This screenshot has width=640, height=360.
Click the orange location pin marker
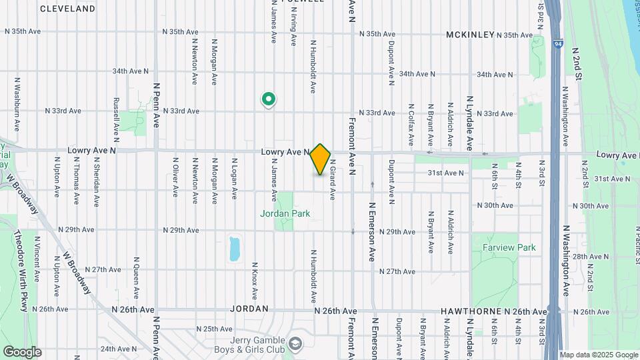(321, 159)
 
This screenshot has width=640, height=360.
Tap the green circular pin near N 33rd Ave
(269, 100)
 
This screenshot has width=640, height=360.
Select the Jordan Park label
(285, 213)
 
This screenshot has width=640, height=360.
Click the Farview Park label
(509, 247)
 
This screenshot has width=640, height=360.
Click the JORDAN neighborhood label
(249, 309)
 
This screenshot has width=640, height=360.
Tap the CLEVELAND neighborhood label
(67, 9)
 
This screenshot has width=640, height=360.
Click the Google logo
(22, 351)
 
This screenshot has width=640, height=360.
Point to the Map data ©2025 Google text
(598, 355)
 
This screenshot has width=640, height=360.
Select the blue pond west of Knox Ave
(234, 249)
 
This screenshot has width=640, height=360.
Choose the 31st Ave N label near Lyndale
(445, 173)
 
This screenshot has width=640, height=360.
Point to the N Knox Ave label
(254, 280)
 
